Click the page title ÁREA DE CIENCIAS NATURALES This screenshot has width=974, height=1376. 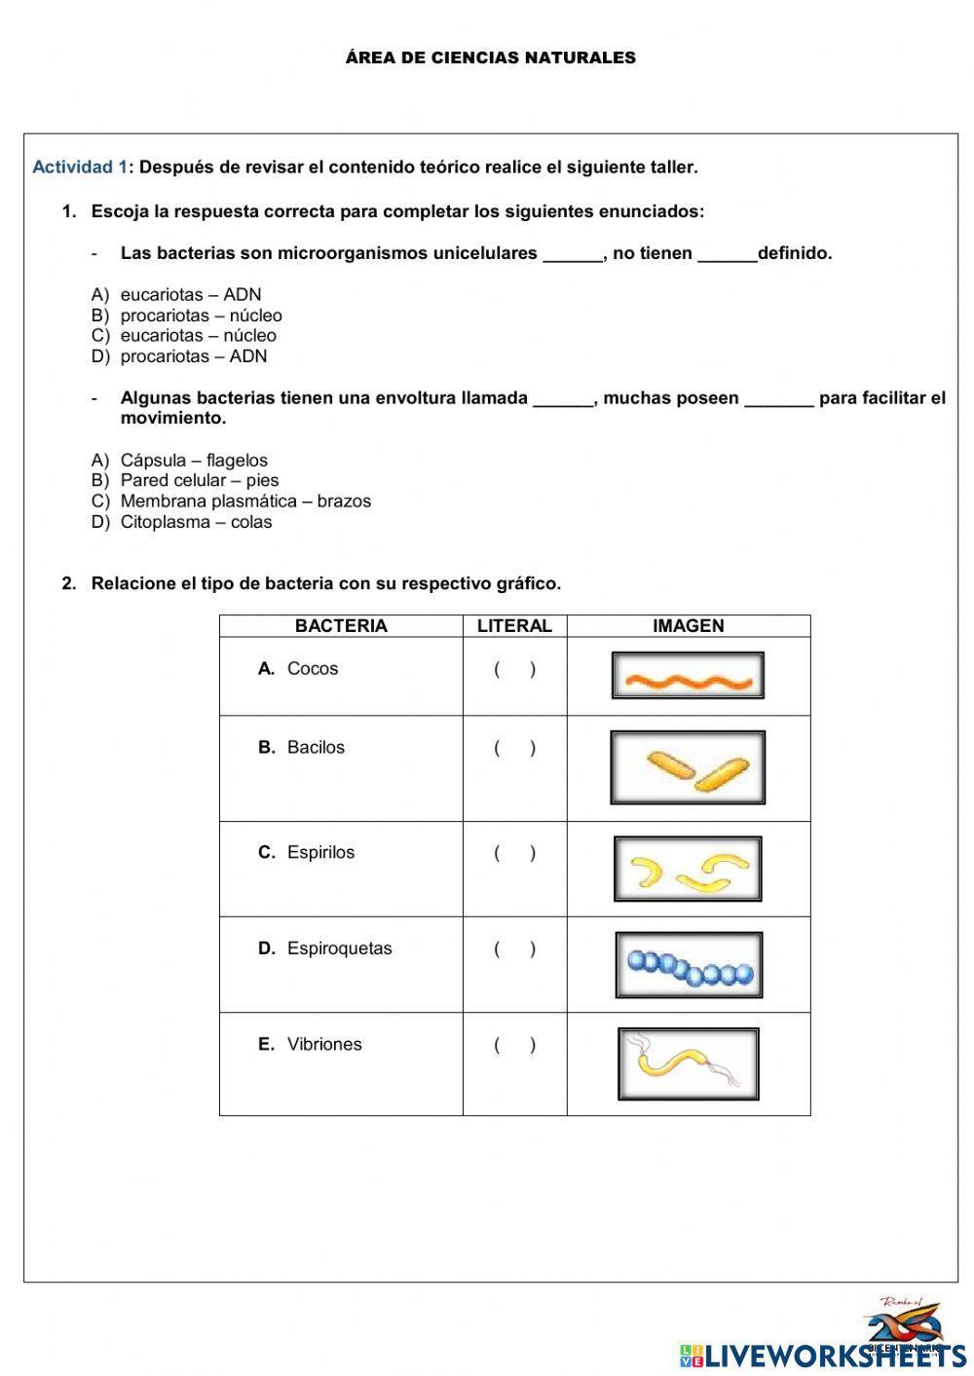(490, 58)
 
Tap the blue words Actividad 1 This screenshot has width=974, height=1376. (80, 167)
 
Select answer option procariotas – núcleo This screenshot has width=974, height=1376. (201, 316)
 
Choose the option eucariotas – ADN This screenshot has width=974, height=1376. (191, 295)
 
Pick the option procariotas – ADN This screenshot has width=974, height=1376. (193, 356)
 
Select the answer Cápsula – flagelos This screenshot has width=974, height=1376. (194, 461)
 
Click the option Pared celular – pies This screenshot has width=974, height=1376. (199, 481)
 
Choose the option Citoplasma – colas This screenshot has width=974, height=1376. (196, 522)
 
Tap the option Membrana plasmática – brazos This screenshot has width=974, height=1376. (245, 502)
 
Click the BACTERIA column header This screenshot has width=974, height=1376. (341, 626)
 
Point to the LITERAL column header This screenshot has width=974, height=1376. (514, 626)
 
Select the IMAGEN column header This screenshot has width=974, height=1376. (688, 626)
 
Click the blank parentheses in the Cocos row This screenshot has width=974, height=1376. (514, 670)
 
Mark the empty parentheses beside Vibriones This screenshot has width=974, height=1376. (514, 1046)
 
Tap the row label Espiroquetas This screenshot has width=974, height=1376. (339, 948)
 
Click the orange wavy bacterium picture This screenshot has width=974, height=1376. (688, 676)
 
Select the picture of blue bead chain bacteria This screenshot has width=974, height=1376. (689, 965)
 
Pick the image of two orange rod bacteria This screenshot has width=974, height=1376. (688, 768)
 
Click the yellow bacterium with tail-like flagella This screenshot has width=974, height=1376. (688, 1063)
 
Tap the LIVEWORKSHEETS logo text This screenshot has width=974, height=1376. (835, 1355)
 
